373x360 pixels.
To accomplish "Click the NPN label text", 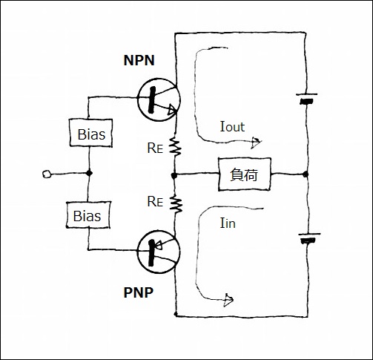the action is (139, 60).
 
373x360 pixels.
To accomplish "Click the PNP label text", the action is (139, 292).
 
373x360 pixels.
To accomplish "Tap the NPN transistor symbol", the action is (159, 99).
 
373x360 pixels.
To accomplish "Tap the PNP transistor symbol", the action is (159, 252).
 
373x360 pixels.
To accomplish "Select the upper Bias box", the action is (91, 133).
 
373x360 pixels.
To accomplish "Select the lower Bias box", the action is (88, 215).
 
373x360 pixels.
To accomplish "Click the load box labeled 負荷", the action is (245, 174).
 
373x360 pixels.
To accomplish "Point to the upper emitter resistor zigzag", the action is (175, 147).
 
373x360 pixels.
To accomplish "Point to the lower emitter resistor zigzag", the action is (176, 203).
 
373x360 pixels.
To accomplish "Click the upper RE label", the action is (155, 148).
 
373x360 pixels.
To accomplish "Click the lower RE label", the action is (155, 201).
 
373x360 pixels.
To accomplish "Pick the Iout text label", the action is (232, 127).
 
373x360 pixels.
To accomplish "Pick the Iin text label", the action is (228, 223).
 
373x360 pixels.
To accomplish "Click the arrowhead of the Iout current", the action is (256, 143).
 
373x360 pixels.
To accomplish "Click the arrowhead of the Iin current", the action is (228, 300).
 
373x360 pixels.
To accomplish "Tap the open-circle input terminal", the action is (47, 174).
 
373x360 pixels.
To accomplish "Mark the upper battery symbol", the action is (306, 99).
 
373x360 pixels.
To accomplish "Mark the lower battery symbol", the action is (309, 238).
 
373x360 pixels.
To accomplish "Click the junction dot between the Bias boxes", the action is (89, 173).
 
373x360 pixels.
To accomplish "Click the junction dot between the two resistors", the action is (174, 175).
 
